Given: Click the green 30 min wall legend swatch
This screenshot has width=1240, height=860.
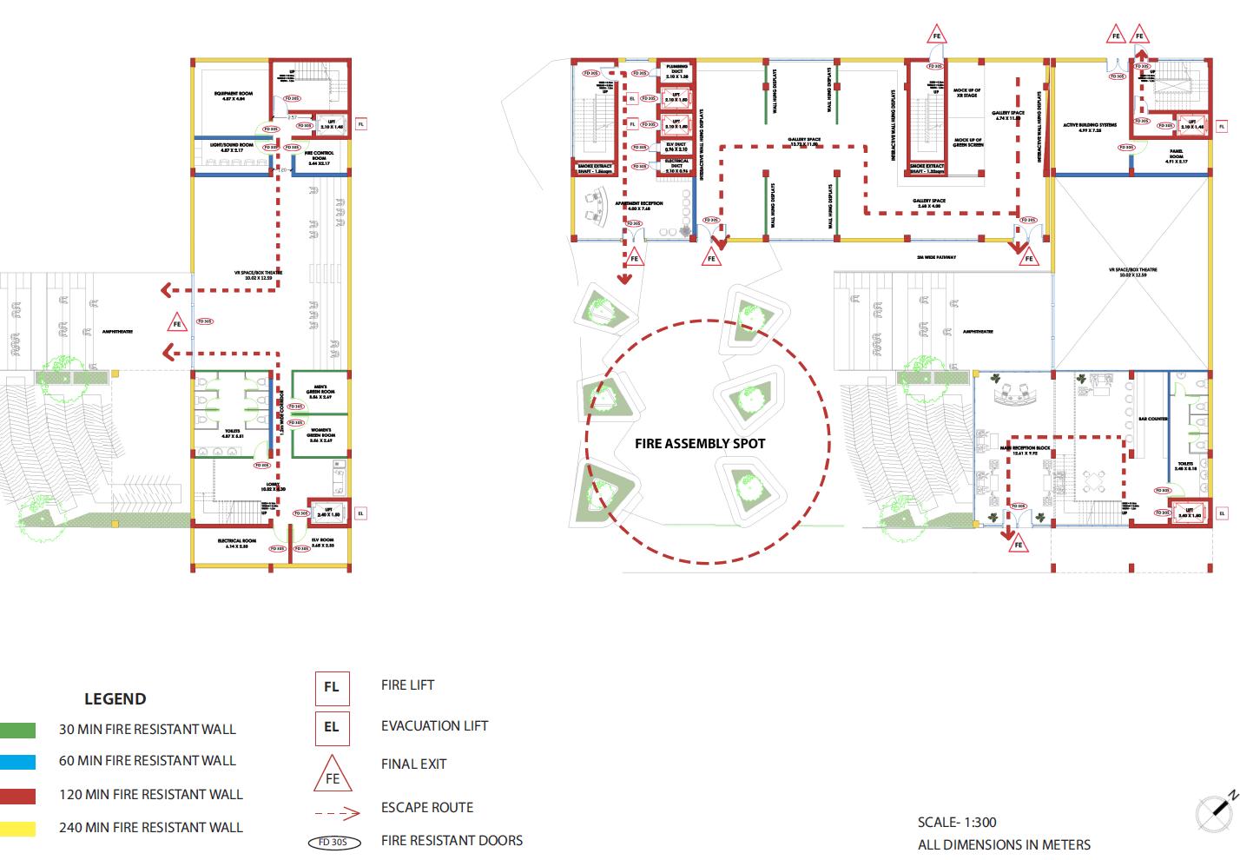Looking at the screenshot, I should pos(17,730).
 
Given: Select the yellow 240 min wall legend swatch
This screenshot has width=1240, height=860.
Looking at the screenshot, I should pos(17,828).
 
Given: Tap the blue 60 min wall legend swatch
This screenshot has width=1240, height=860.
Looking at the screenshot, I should pos(17,762).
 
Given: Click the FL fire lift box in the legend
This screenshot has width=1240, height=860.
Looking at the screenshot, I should pos(332,687).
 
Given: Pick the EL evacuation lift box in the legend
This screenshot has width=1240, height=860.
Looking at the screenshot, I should pos(332,727).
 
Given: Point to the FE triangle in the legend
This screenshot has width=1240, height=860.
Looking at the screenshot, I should pos(333,775).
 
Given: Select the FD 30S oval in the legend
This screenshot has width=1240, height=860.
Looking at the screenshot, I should pos(333,842).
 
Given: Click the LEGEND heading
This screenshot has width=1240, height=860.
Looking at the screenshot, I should pos(115,699).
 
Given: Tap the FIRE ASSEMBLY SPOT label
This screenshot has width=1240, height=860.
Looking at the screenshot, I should pos(700,443).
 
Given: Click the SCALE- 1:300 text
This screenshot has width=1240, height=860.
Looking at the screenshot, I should pos(957,822).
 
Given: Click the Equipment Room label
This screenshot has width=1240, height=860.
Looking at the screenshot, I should pos(234,96).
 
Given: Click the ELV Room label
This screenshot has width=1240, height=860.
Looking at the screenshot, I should pos(322,543).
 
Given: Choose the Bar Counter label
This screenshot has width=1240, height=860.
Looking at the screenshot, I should pos(1152,419).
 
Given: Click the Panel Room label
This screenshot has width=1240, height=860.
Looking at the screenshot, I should pos(1176,156).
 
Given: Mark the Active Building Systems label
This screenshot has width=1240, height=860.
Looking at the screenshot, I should pos(1090,128).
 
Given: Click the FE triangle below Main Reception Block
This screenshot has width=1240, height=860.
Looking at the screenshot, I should pos(1019,545).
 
